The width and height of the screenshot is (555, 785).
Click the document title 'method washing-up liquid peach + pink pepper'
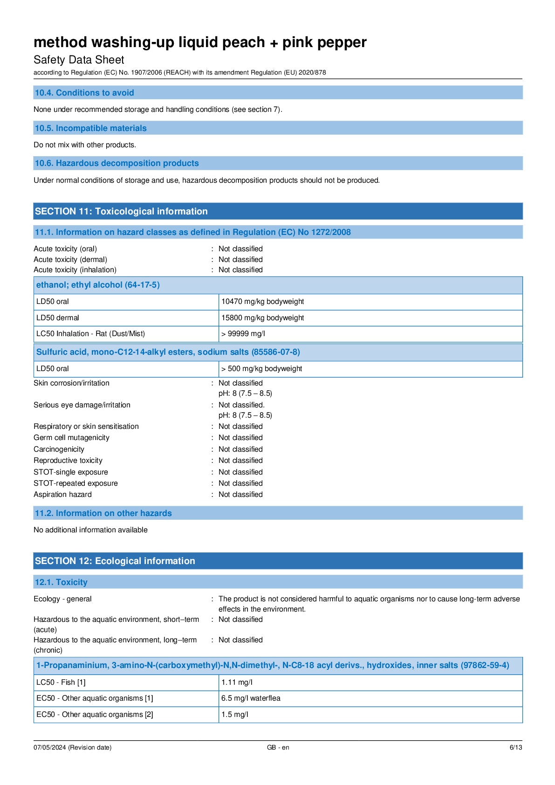click(200, 42)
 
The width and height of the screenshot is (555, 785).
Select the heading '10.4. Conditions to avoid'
click(84, 93)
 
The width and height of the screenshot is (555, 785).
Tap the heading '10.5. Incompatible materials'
click(90, 128)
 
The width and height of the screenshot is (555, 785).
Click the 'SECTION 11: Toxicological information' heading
click(121, 211)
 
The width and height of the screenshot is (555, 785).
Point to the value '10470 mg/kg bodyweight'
click(262, 302)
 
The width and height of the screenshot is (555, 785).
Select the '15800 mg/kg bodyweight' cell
click(262, 318)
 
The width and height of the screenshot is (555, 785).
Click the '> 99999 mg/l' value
click(243, 334)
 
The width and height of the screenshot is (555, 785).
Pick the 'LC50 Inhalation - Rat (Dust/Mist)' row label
click(90, 334)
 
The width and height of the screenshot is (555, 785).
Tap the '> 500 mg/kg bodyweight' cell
click(261, 369)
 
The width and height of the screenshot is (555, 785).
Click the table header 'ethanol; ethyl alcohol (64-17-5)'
click(98, 285)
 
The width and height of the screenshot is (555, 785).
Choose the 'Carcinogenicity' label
click(59, 449)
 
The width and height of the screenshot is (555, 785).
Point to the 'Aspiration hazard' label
click(62, 495)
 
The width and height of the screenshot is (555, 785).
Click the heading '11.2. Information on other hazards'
click(103, 513)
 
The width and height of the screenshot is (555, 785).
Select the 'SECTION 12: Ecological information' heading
click(115, 561)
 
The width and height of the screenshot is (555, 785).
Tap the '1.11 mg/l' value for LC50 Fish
click(237, 682)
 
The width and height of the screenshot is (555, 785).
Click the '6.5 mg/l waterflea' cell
click(251, 698)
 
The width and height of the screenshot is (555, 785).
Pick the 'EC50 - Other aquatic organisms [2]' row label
click(95, 715)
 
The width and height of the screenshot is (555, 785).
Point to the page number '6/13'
click(515, 747)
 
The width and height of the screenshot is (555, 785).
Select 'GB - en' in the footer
click(278, 747)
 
